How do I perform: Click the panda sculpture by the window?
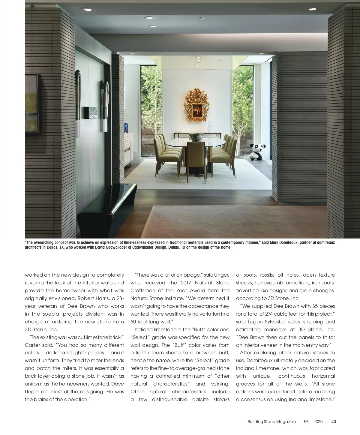pyautogui.click(x=256, y=151)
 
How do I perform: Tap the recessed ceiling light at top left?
pyautogui.click(x=88, y=10)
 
